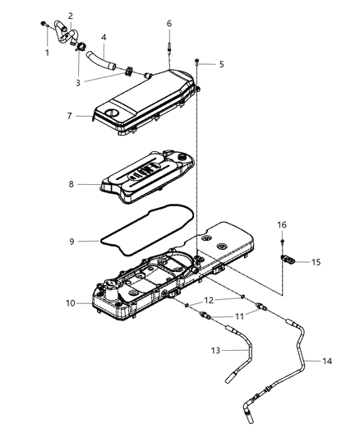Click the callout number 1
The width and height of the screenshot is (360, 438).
(47, 53)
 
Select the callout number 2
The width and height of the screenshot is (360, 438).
(71, 16)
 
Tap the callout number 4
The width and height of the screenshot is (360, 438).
(104, 37)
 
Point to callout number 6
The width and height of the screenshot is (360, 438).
(168, 24)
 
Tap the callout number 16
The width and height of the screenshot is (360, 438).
(281, 224)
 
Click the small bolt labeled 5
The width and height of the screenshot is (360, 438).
(197, 61)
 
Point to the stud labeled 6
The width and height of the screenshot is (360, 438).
(168, 48)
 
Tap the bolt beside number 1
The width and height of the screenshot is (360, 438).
(42, 26)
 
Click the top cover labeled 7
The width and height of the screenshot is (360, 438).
(144, 103)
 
